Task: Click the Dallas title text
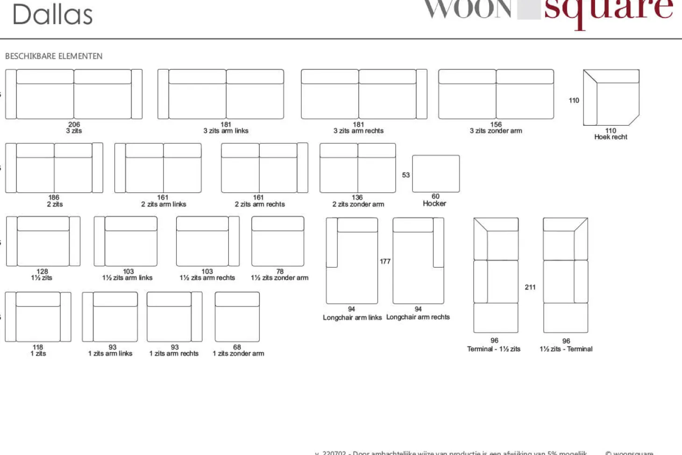(52, 14)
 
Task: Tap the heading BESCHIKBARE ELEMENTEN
(54, 56)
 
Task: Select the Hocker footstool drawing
(436, 173)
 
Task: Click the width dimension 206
(74, 124)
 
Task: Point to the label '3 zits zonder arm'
(496, 131)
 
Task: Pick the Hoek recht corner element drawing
(611, 97)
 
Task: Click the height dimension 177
(385, 261)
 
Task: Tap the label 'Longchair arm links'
(352, 318)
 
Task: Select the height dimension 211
(530, 287)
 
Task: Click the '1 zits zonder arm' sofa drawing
(237, 317)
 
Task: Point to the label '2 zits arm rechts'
(260, 204)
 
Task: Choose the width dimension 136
(357, 197)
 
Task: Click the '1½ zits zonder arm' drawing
(278, 241)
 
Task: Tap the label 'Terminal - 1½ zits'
(494, 349)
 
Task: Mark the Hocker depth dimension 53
(406, 175)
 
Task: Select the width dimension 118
(38, 347)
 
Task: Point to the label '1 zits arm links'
(110, 354)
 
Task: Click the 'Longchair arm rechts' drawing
(419, 261)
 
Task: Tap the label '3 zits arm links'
(226, 131)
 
